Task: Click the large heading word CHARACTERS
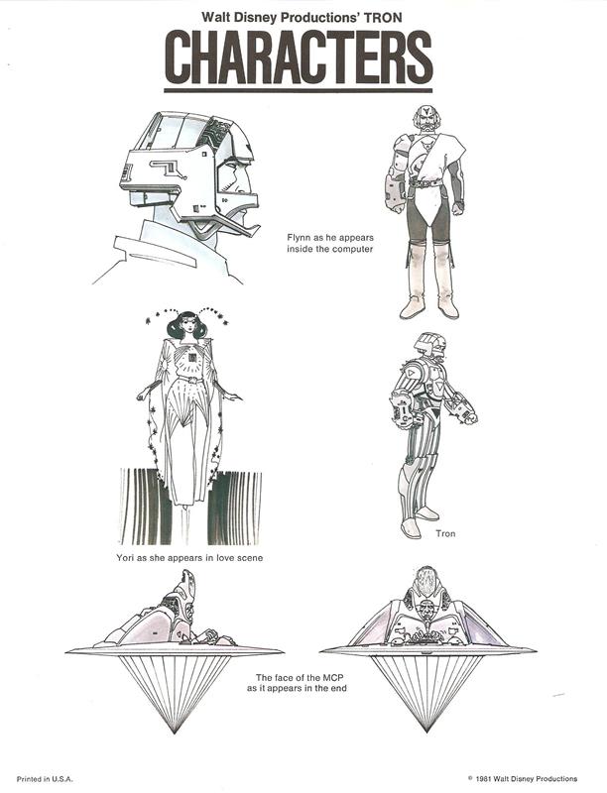point(299,57)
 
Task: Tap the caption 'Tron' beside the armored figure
point(445,533)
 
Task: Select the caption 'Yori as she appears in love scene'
point(189,558)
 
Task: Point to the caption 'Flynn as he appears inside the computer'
point(330,243)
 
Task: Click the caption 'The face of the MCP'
point(296,677)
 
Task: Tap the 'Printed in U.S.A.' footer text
point(45,779)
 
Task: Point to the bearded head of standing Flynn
point(426,119)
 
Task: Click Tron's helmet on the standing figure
point(430,345)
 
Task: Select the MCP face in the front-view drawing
point(425,611)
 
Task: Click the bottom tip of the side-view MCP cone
point(175,733)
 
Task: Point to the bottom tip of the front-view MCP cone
point(426,732)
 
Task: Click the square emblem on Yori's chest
point(192,358)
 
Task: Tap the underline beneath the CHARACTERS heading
point(299,90)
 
